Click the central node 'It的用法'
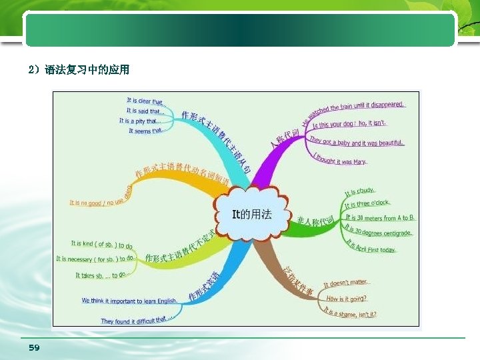pos(251,214)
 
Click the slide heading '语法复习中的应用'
pos(87,69)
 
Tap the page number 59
pos(34,347)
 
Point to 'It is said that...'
pos(145,111)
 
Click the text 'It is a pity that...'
pos(140,121)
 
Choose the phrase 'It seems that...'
pos(145,131)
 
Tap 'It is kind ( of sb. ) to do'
pos(102,244)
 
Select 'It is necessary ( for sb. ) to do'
pos(95,259)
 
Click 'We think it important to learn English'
pos(129,301)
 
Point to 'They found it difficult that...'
pos(137,321)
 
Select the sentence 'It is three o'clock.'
pos(367,204)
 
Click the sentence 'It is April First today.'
pos(370,247)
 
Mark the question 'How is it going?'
pos(347,298)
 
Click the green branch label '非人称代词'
pos(315,221)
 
